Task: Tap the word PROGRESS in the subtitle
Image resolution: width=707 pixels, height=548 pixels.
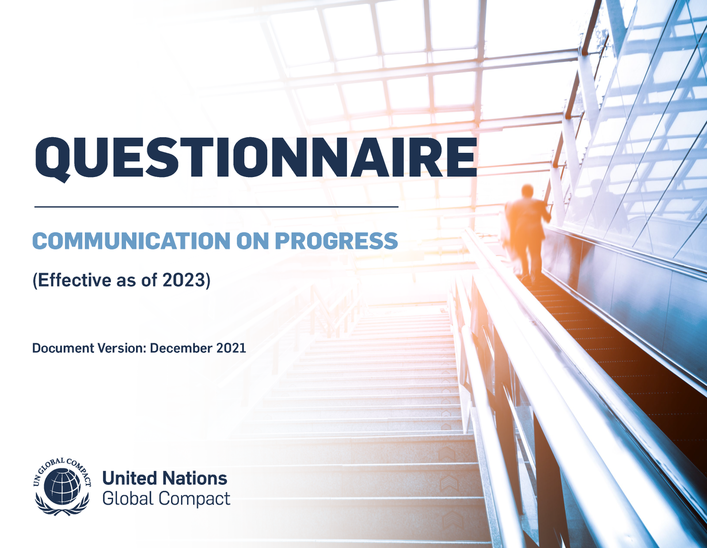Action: [x=336, y=241]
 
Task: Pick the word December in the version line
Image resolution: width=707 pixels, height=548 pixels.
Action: [x=181, y=348]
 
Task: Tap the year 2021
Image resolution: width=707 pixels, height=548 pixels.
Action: [x=231, y=348]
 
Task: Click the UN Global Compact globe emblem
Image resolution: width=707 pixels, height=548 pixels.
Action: [x=62, y=487]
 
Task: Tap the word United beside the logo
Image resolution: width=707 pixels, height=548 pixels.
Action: [x=129, y=479]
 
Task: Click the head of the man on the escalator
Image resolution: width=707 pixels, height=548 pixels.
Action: [x=527, y=191]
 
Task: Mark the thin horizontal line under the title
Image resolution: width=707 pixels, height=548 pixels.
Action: [x=217, y=206]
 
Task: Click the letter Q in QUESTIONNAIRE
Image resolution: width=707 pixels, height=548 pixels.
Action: [x=53, y=158]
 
